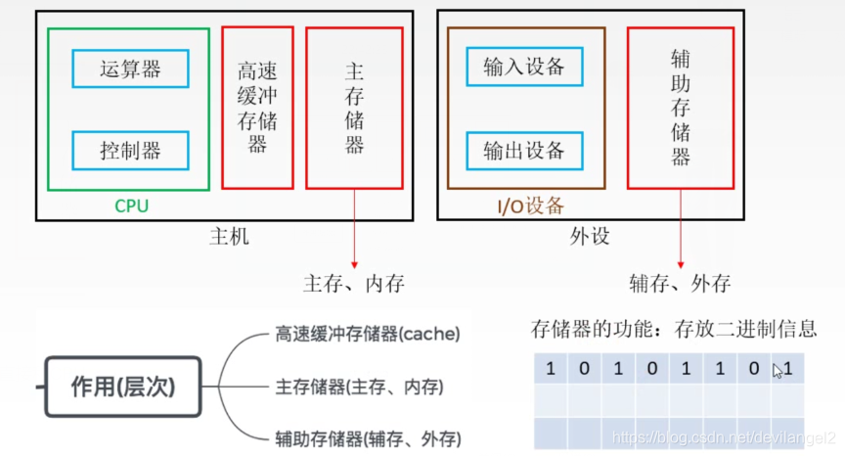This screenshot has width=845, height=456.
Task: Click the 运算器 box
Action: [130, 68]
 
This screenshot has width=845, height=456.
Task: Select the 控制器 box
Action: [130, 151]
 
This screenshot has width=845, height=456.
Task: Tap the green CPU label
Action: [132, 205]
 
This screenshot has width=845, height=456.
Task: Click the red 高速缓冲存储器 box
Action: [257, 108]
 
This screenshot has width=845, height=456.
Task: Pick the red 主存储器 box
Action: [355, 108]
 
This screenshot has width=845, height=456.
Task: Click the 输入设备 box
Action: [524, 67]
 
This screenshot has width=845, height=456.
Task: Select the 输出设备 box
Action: [524, 151]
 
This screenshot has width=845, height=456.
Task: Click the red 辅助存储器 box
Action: [681, 108]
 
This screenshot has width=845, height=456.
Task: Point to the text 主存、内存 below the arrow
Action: [354, 285]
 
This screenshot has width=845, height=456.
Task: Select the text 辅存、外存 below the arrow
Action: [681, 285]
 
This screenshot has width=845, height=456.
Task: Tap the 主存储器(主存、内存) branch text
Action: [360, 387]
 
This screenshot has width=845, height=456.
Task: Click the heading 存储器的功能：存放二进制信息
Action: [673, 329]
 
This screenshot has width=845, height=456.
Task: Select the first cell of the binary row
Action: [550, 369]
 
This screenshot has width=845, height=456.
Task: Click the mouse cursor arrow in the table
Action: [778, 371]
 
